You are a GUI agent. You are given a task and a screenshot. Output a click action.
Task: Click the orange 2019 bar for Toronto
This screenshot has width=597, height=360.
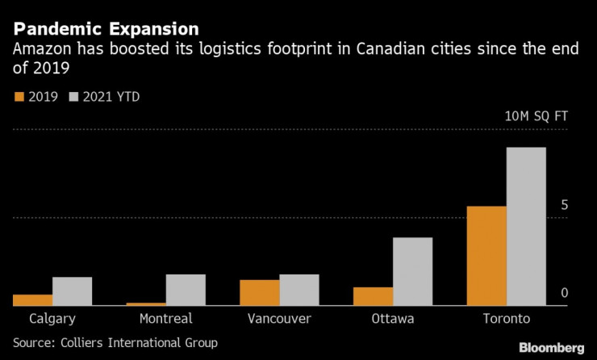(x=487, y=256)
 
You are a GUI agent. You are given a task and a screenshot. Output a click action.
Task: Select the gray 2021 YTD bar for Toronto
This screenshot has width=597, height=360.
(x=526, y=227)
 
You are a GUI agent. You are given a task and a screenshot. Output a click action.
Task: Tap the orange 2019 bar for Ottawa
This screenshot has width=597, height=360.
(x=374, y=296)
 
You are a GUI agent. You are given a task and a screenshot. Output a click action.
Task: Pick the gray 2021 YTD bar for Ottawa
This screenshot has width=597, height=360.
(x=412, y=271)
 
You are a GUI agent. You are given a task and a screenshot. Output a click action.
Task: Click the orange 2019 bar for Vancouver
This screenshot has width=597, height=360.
(x=260, y=292)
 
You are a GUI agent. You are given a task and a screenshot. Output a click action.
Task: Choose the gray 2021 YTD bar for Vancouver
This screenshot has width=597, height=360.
(x=298, y=290)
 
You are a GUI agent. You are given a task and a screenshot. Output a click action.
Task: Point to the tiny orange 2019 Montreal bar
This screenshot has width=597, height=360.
(x=146, y=304)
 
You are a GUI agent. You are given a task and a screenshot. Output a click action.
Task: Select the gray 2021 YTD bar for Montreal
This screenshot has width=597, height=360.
(x=185, y=290)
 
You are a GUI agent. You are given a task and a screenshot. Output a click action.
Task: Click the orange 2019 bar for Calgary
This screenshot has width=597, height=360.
(x=32, y=300)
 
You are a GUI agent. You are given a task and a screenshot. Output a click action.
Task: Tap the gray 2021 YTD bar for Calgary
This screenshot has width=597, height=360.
(x=72, y=291)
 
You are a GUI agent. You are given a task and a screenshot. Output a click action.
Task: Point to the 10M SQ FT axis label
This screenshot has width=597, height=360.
(x=536, y=116)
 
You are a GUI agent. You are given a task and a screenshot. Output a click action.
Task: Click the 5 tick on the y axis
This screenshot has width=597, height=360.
(x=565, y=205)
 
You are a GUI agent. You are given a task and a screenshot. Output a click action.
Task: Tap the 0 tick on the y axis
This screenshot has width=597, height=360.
(x=565, y=293)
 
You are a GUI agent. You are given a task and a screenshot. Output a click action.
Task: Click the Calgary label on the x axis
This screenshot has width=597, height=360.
(x=52, y=319)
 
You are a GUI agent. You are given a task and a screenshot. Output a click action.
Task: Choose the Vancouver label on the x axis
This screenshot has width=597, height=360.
(x=279, y=319)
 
